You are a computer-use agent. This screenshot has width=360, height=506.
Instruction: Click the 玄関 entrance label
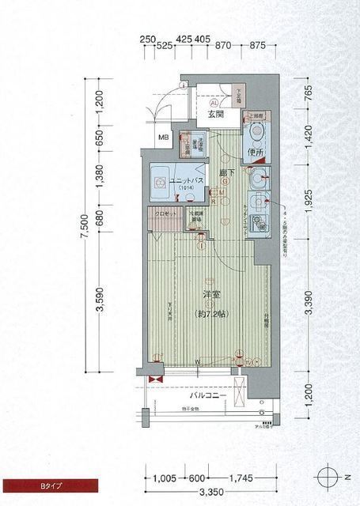click(217, 115)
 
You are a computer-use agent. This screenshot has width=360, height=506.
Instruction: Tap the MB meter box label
click(164, 139)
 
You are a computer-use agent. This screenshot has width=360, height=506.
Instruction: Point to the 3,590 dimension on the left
click(100, 300)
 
